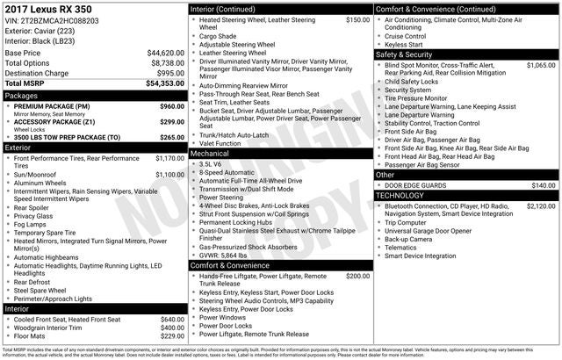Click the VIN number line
tap(52, 19)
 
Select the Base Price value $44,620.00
tap(166, 53)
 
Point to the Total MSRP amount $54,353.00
tap(166, 83)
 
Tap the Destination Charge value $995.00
tap(170, 73)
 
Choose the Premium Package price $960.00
tap(171, 106)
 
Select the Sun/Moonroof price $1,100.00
tap(169, 175)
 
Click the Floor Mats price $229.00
tap(172, 335)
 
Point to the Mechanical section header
tap(211, 153)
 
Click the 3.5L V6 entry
tap(211, 164)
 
